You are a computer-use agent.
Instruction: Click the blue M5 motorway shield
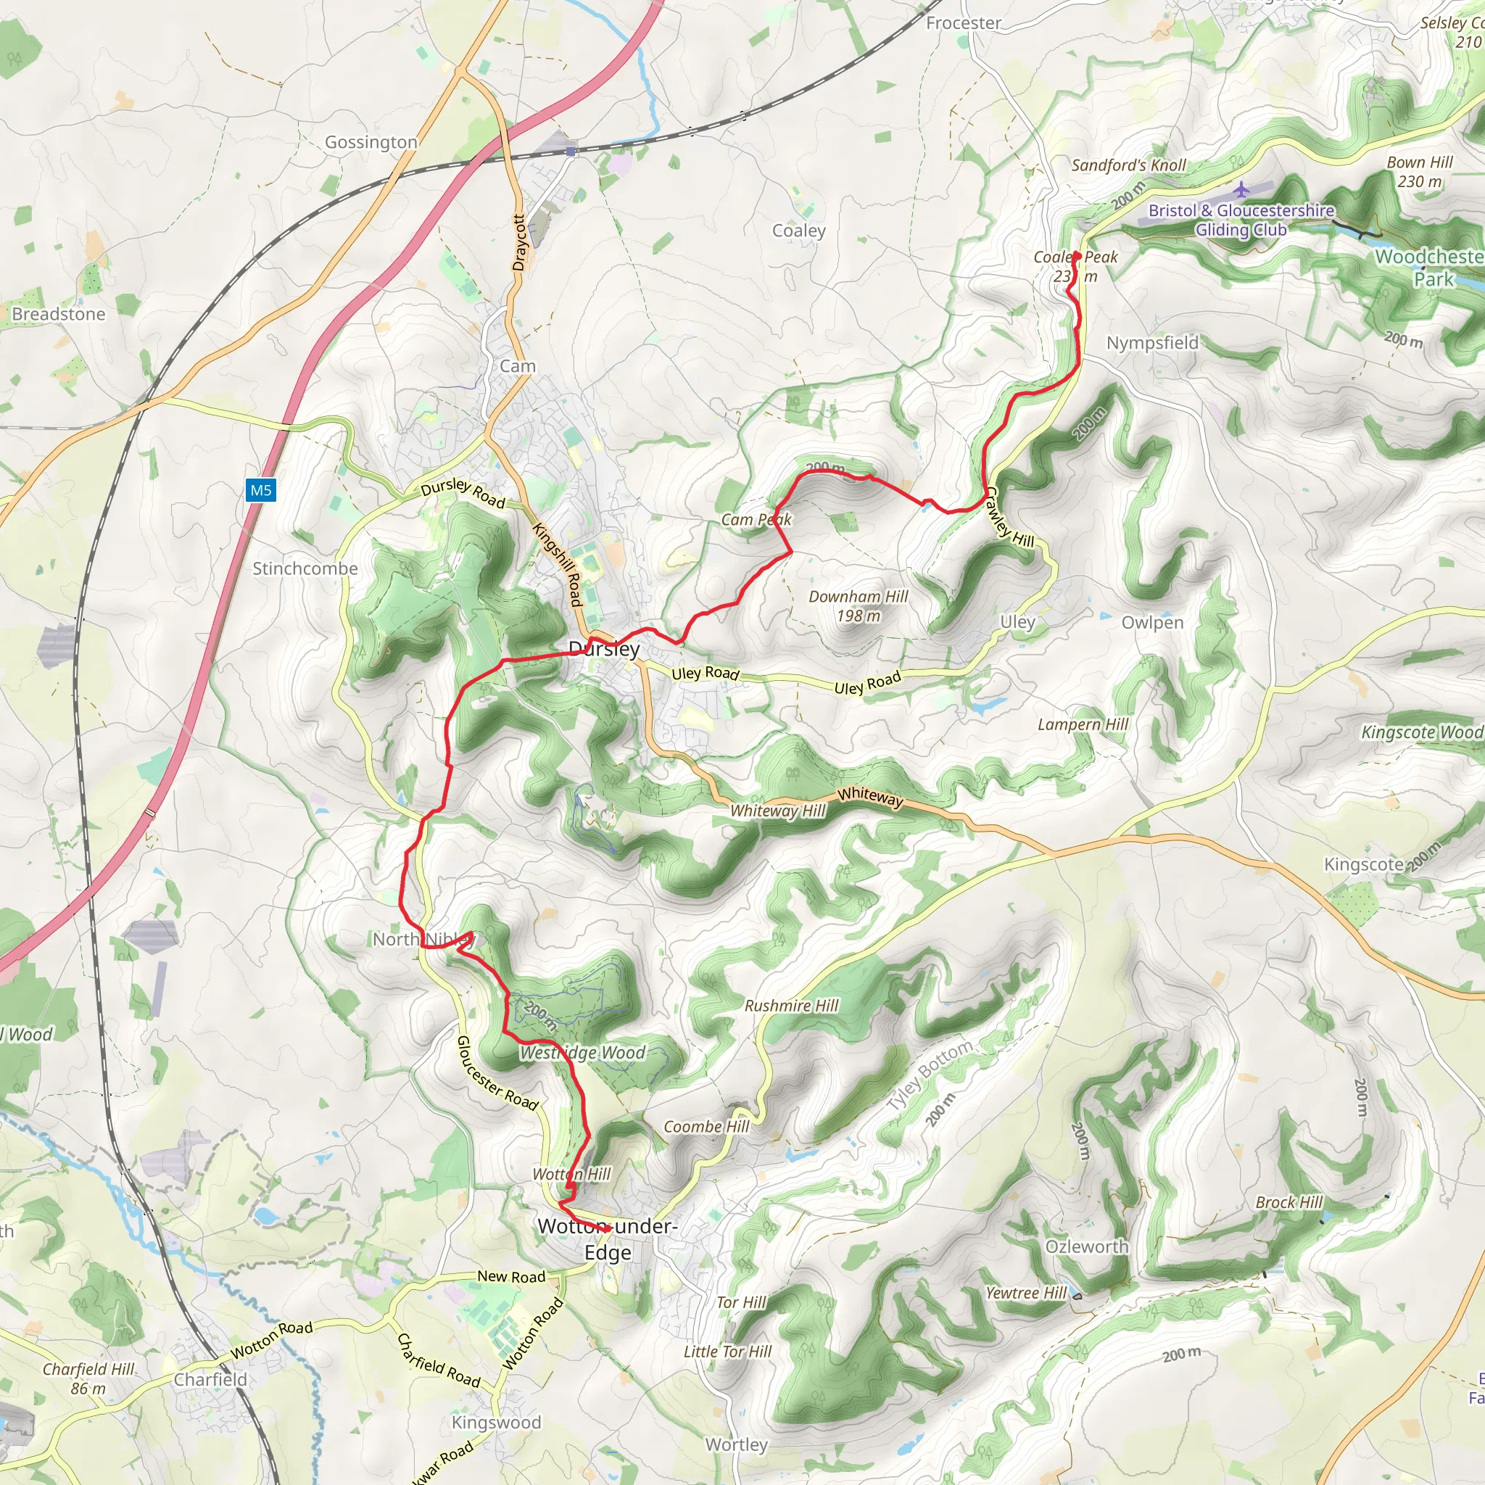260,490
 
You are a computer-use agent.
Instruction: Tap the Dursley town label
604,649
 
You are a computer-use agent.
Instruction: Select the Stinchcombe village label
305,568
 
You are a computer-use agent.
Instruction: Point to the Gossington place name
371,142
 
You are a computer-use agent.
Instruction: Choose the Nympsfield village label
1151,343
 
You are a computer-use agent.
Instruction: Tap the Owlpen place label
1151,623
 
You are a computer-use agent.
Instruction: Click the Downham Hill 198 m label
858,605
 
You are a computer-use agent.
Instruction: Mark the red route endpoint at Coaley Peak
1077,256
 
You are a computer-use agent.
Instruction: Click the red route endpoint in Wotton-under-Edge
608,1229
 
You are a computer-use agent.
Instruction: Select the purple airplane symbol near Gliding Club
1241,189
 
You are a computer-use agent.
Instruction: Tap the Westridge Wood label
583,1053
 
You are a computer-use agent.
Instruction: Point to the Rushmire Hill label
791,1006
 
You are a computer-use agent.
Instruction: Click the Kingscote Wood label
1421,732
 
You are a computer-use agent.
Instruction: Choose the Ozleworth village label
1086,1246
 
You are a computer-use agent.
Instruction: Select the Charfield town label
210,1380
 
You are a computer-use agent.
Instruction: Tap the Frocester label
963,23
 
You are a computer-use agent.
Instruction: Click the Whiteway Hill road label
777,811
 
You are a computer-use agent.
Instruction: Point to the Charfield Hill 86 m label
88,1378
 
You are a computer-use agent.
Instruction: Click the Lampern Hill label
1083,724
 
